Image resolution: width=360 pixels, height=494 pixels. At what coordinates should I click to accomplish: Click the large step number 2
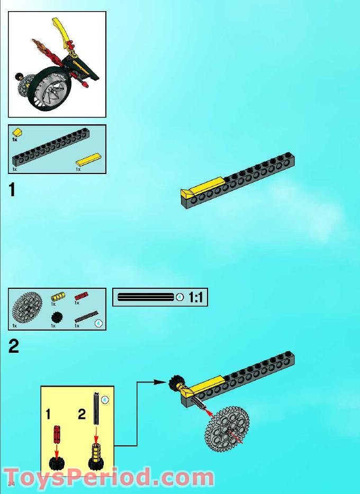tap(13, 346)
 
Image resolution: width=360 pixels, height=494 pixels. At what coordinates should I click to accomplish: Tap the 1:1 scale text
tap(195, 298)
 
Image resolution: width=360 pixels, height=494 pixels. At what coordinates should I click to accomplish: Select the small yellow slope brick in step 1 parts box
tap(17, 132)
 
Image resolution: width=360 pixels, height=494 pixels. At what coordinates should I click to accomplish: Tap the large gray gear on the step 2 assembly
tap(227, 429)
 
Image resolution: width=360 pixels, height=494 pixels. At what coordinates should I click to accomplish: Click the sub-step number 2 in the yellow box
tap(82, 414)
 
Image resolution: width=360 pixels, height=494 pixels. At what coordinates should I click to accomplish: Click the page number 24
tap(11, 484)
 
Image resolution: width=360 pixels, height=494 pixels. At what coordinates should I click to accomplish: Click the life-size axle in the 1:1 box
tap(146, 297)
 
